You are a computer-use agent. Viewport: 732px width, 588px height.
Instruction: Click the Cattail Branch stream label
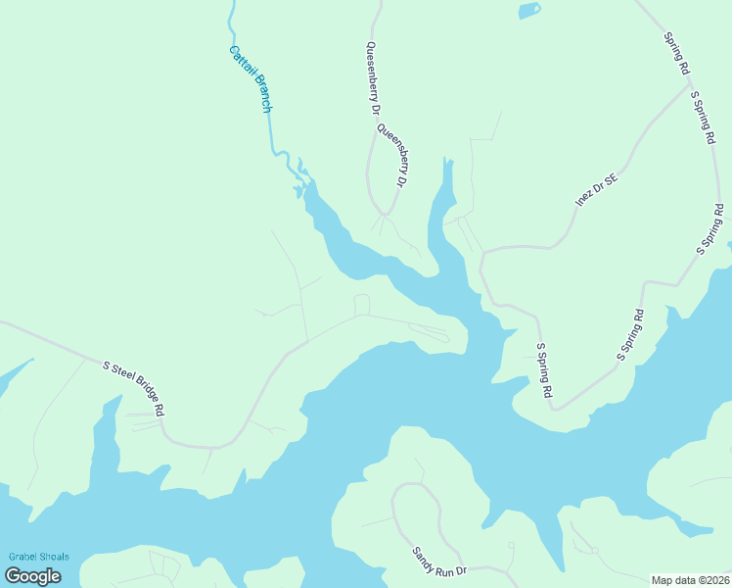coord(250,79)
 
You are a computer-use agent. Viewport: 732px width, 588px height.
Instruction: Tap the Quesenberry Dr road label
coord(373,78)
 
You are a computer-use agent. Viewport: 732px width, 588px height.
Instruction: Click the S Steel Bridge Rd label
coord(133,387)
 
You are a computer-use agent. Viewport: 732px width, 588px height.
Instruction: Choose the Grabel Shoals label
coord(39,557)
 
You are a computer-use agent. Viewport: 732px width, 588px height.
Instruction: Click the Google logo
coord(32,576)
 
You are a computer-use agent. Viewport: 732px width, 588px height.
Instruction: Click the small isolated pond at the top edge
coord(528,11)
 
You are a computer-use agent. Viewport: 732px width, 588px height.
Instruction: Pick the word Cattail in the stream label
coord(240,61)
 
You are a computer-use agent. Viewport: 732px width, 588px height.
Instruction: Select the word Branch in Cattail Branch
coord(260,95)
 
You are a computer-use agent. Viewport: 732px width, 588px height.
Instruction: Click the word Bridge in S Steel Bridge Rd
coord(141,391)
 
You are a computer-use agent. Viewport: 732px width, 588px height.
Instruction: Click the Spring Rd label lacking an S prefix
coord(677,54)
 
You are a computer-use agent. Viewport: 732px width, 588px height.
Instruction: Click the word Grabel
coord(23,557)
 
